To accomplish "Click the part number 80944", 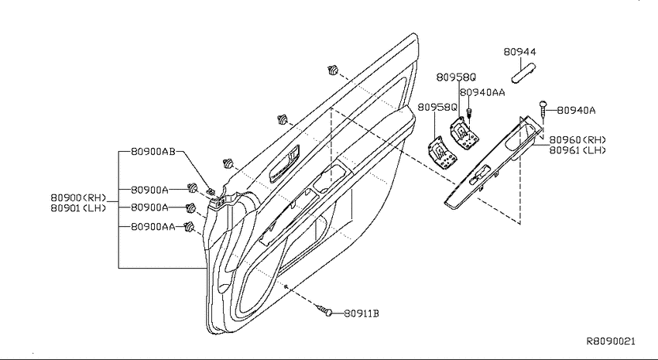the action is tap(519, 52).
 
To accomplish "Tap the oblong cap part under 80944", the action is tap(523, 73).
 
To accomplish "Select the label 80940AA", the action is tap(482, 92).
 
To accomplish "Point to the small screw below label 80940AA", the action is tap(469, 113).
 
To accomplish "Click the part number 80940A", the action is tap(576, 111).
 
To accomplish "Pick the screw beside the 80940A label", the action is tap(543, 109).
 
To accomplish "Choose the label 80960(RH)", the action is tap(577, 139).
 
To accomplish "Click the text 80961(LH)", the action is tap(577, 149).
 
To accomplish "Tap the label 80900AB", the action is tap(153, 152).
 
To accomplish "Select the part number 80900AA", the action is tap(153, 227).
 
